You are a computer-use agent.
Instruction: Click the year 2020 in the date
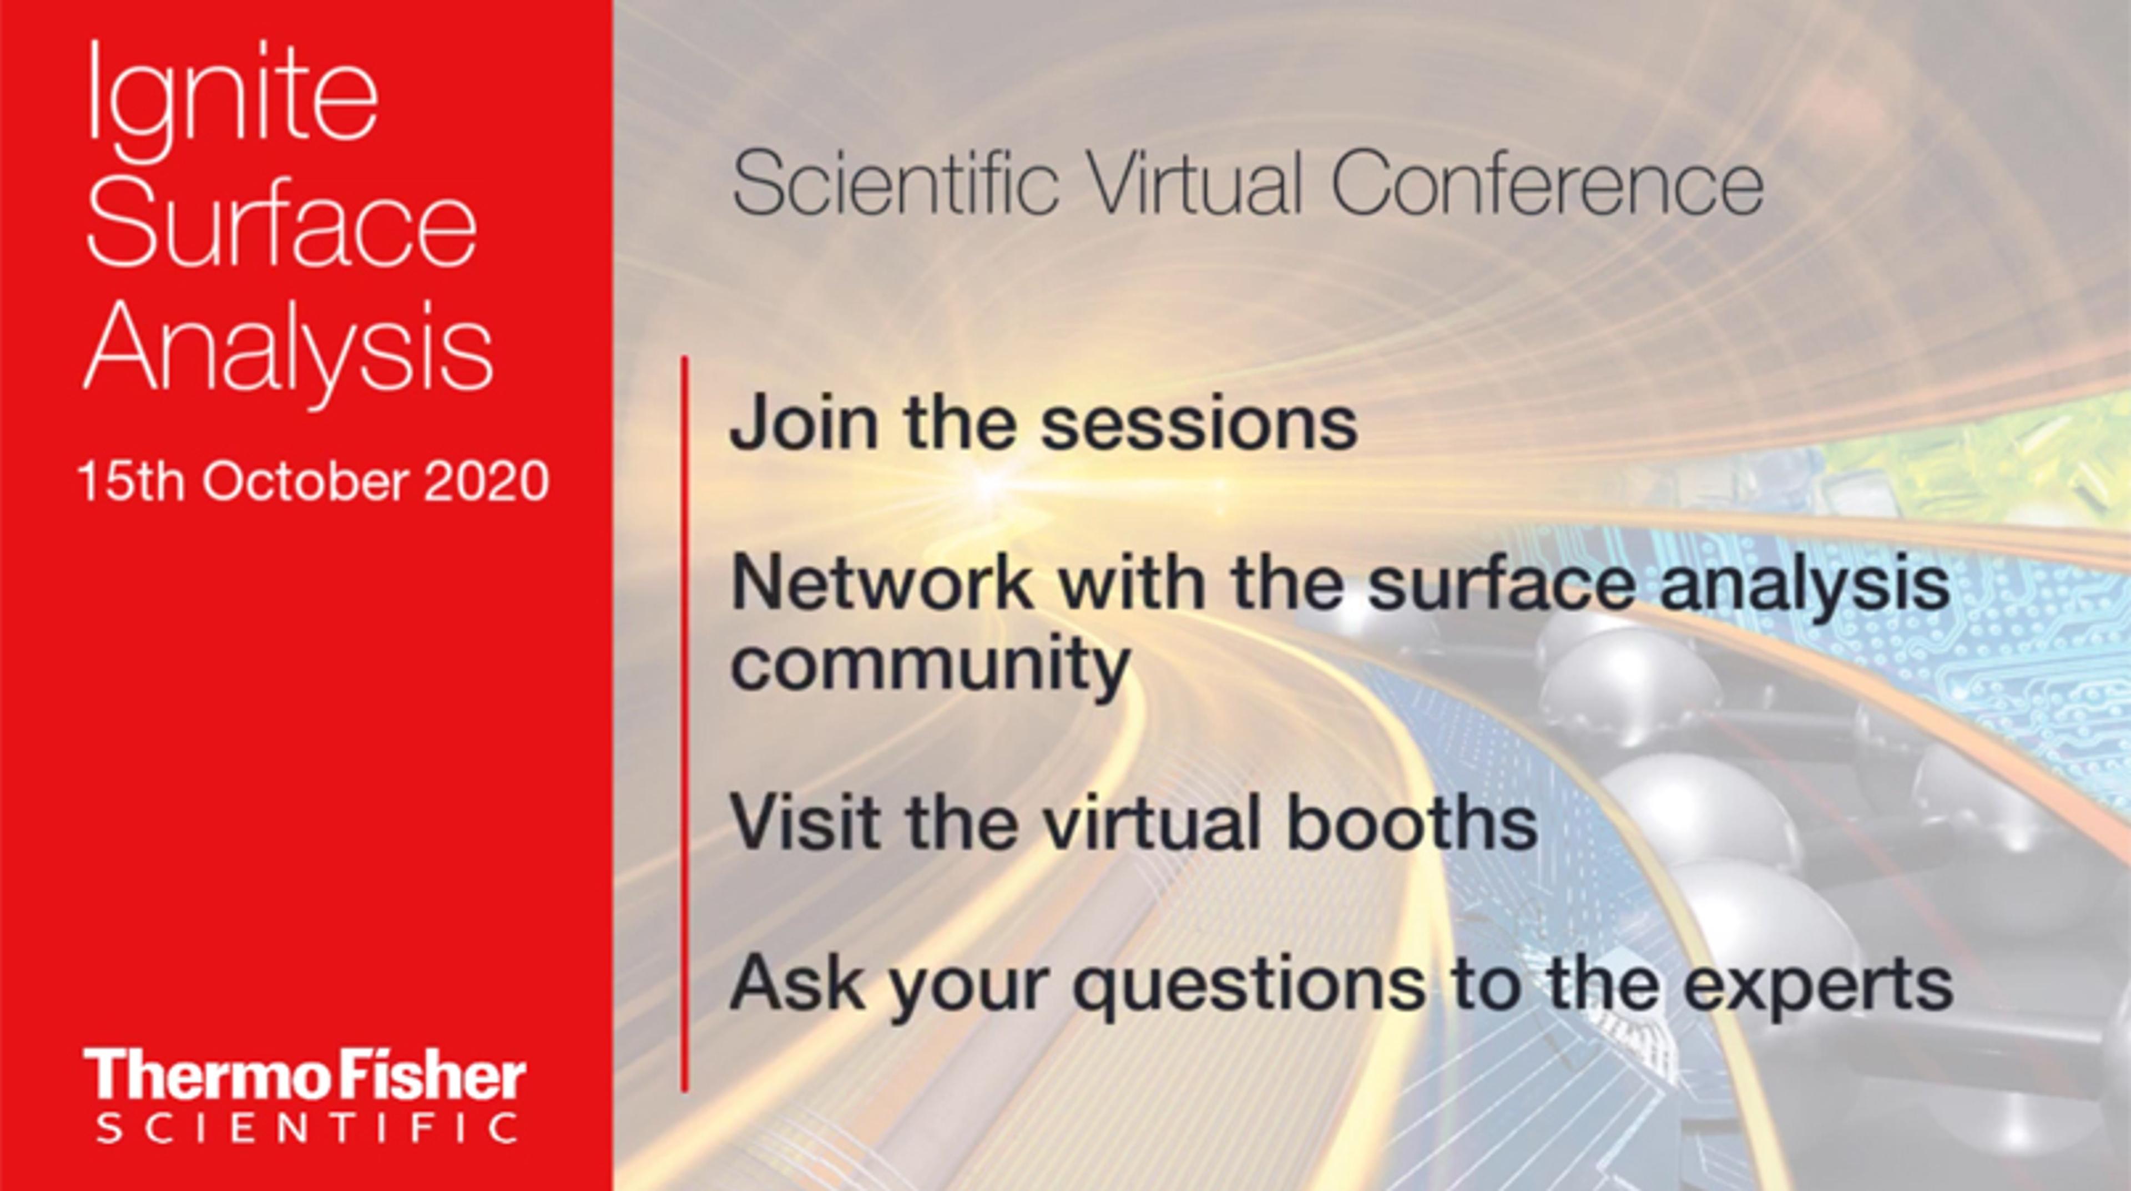point(487,482)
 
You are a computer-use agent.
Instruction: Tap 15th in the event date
point(131,482)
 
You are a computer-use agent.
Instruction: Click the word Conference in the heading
point(1547,186)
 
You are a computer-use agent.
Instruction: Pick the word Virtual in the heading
point(1195,186)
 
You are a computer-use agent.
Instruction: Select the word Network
point(882,583)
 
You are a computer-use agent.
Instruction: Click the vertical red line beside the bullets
point(684,724)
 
